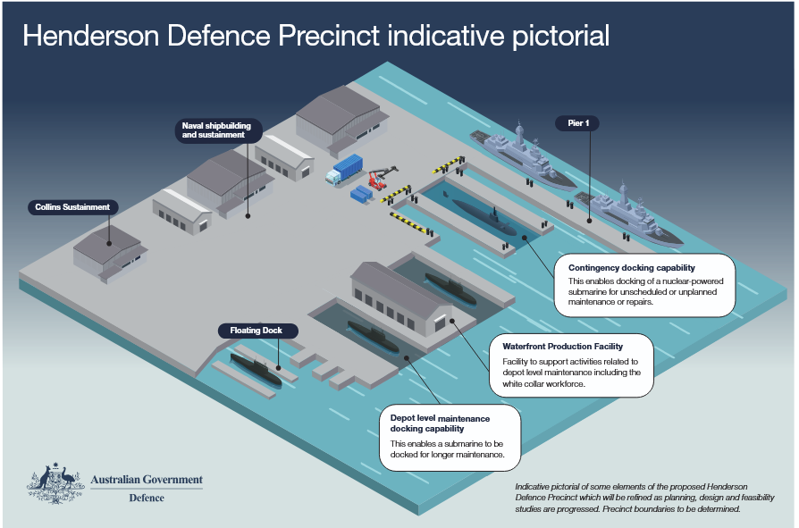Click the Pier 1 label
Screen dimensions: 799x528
pos(578,123)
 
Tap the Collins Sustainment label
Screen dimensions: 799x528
pos(72,207)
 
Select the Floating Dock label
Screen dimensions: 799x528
pos(256,331)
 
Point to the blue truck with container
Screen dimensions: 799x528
pos(344,170)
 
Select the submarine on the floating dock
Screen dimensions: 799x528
pos(256,370)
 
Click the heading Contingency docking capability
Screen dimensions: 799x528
pos(631,268)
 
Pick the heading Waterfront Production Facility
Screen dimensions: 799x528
pos(562,347)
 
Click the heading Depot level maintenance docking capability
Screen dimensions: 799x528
pos(440,423)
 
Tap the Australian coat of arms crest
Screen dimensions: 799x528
pos(55,484)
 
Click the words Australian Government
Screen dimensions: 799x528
pos(147,480)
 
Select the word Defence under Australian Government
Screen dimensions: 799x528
pos(147,498)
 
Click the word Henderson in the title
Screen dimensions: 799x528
pos(90,36)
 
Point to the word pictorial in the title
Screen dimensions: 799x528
pos(560,37)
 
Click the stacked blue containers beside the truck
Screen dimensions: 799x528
pos(362,195)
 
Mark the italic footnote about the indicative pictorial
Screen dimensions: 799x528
pos(644,498)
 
